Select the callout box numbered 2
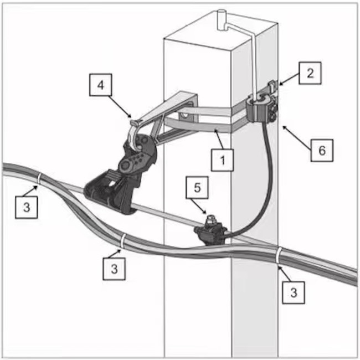point(311,73)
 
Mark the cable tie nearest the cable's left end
point(40,178)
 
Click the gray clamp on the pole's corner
point(260,108)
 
